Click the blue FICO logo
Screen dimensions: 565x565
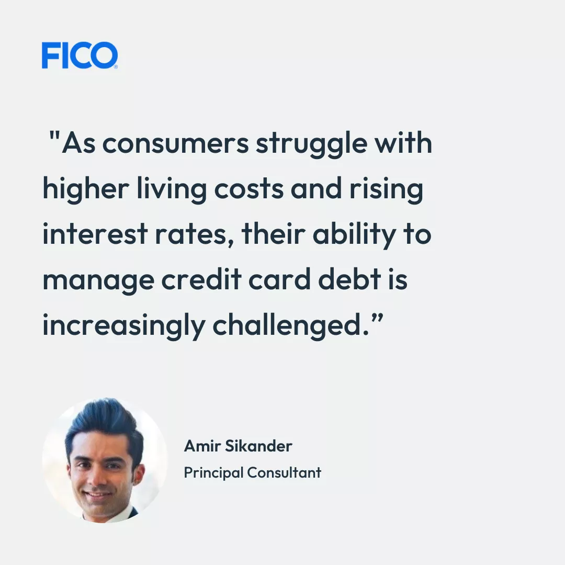click(x=80, y=55)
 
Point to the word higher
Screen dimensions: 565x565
click(x=85, y=189)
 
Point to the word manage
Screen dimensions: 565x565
click(x=98, y=281)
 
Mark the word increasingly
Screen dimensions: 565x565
click(x=123, y=326)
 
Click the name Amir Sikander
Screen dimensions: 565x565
click(x=238, y=446)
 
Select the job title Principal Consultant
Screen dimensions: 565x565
click(x=252, y=472)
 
